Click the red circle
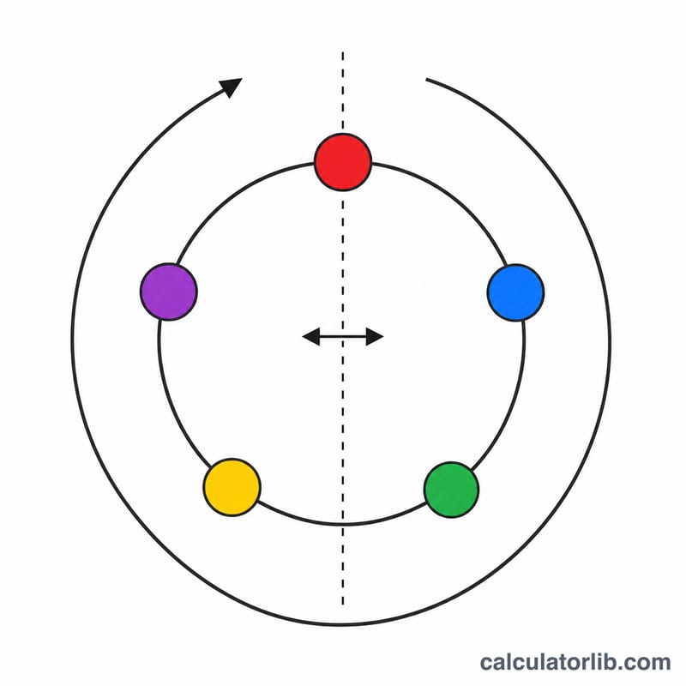(343, 162)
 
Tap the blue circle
(515, 292)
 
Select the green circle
(452, 490)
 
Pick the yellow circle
(232, 487)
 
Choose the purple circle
(169, 292)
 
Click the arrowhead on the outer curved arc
(231, 87)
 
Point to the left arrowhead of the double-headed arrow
(311, 336)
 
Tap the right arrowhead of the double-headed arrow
(375, 336)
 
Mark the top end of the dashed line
(343, 52)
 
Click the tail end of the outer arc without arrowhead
(426, 79)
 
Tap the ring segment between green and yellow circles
(343, 524)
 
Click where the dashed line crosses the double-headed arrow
(343, 336)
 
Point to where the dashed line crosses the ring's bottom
(343, 524)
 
